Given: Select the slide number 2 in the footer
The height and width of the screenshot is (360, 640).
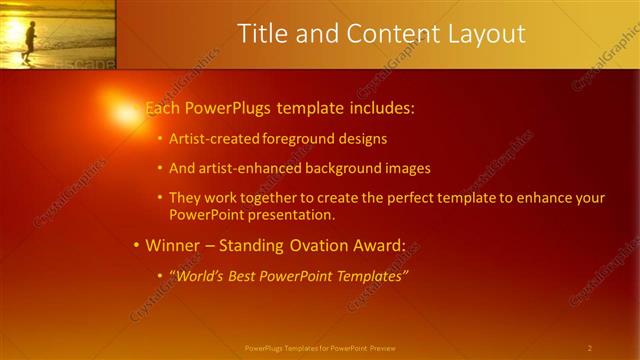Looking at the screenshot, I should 589,348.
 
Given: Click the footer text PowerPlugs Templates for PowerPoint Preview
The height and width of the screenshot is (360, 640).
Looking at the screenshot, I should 319,348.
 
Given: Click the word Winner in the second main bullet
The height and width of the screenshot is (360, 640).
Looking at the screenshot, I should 172,245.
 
